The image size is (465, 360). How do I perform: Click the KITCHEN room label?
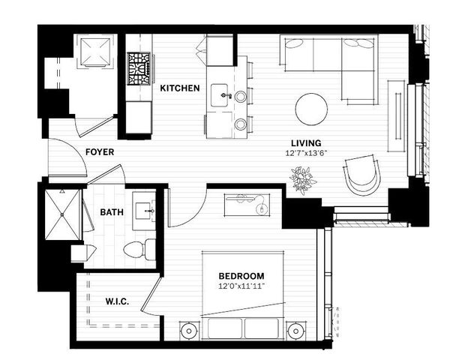tap(180, 88)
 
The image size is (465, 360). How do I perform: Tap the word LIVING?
tap(307, 143)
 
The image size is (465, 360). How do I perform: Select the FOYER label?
tap(100, 152)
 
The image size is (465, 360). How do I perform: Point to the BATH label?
tap(112, 212)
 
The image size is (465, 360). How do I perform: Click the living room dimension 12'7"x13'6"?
tap(307, 153)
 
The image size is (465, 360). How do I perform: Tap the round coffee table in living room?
tap(311, 109)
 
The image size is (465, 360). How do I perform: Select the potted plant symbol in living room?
tap(304, 180)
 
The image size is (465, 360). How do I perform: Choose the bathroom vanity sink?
tap(144, 211)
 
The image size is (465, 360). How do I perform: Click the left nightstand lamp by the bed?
tap(187, 331)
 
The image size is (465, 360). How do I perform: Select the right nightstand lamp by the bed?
tap(296, 331)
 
